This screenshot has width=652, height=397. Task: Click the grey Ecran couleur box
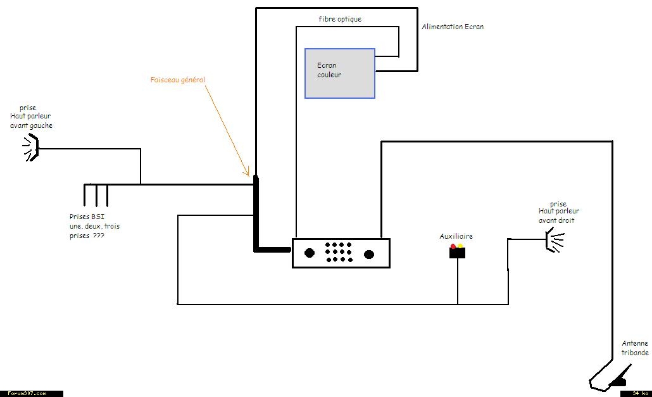pyautogui.click(x=339, y=73)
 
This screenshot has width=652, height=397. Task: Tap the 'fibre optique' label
pyautogui.click(x=340, y=20)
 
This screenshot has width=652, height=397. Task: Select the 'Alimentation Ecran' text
pyautogui.click(x=453, y=27)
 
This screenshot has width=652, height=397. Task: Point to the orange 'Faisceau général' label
pyautogui.click(x=178, y=80)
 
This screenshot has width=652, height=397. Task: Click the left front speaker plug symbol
pyautogui.click(x=31, y=149)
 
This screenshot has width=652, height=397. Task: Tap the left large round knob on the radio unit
pyautogui.click(x=310, y=253)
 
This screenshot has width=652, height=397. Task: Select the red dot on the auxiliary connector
pyautogui.click(x=453, y=246)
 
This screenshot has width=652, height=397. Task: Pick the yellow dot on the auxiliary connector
pyautogui.click(x=460, y=246)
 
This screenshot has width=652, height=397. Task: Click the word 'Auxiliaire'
pyautogui.click(x=456, y=236)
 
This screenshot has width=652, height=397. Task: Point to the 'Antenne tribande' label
pyautogui.click(x=634, y=348)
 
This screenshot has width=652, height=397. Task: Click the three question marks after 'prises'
pyautogui.click(x=99, y=236)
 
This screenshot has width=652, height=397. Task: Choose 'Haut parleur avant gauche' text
pyautogui.click(x=31, y=121)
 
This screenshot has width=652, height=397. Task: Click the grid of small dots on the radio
pyautogui.click(x=339, y=252)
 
